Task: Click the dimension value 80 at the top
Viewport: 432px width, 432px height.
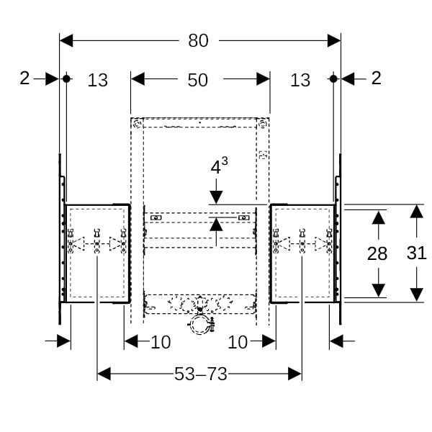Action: [198, 41]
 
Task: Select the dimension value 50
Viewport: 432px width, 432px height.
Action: [197, 80]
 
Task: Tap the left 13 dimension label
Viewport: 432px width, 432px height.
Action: [97, 80]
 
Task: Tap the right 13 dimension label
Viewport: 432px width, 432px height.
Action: [300, 80]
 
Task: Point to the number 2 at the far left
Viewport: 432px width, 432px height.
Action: [24, 78]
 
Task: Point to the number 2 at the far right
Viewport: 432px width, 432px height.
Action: [377, 78]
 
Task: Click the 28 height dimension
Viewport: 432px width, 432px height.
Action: [377, 253]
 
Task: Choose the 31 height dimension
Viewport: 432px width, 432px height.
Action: [417, 253]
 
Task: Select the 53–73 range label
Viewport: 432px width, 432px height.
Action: [201, 374]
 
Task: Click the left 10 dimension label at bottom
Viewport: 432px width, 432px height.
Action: [161, 342]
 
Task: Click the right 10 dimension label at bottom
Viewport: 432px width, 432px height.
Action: [238, 342]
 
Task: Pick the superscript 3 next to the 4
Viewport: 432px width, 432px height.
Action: [225, 161]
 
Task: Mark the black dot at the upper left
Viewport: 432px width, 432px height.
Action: [66, 78]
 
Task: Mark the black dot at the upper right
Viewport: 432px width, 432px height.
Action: [333, 78]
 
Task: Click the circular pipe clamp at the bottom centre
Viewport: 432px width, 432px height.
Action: [199, 325]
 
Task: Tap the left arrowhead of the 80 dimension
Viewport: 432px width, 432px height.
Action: [66, 41]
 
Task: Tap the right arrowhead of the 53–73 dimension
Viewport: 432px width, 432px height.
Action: [294, 374]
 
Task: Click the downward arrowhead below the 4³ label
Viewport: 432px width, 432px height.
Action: [216, 197]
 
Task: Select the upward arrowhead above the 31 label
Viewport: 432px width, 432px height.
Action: [417, 212]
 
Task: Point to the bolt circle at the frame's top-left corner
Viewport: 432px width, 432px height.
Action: [137, 124]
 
